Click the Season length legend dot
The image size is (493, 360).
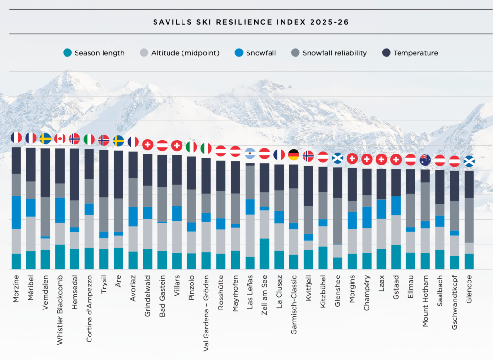68,52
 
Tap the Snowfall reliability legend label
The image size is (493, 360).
334,53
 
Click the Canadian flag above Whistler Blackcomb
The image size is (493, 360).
60,139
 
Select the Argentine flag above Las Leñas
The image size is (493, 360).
250,154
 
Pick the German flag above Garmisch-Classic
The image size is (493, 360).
294,154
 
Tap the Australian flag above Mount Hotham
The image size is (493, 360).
425,159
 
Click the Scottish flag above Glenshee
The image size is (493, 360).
337,158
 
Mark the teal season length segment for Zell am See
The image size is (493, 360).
264,253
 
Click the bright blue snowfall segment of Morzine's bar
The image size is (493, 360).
16,212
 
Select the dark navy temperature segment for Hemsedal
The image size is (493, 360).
75,174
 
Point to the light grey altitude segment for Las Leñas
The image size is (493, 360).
250,235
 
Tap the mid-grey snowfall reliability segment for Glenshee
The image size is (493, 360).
337,221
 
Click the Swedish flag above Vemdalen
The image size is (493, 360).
46,139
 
